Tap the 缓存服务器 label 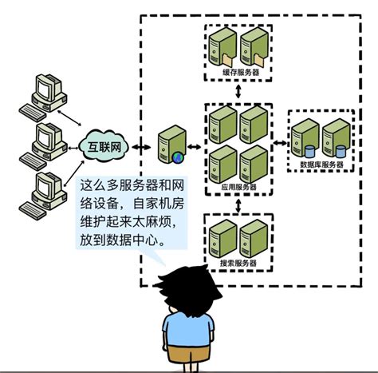tap(240, 73)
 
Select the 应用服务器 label tap(238, 193)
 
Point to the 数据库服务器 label tap(321, 165)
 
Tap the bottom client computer tap(39, 192)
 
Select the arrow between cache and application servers tap(239, 92)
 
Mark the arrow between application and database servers tap(279, 144)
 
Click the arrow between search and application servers tap(238, 207)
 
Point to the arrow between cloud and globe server tap(142, 147)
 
